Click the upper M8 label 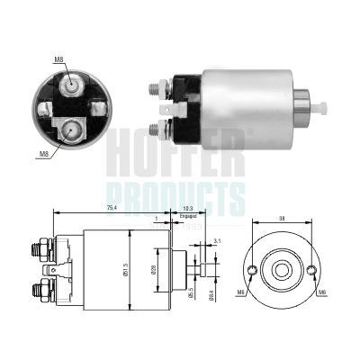coord(58,59)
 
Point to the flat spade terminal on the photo coord(181,110)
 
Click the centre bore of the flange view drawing coord(282,270)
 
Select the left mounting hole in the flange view coord(252,271)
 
